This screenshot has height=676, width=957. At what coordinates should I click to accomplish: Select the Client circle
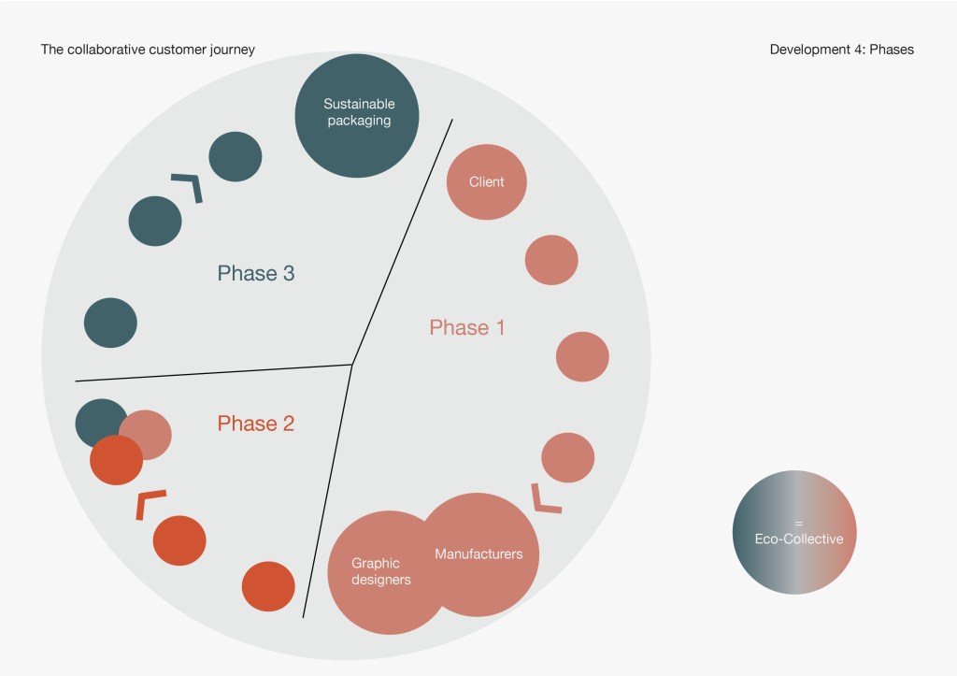(486, 181)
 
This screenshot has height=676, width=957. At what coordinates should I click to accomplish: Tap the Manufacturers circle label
(478, 554)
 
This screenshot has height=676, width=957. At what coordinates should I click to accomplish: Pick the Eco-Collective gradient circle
(794, 532)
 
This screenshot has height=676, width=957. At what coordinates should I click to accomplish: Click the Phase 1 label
(466, 327)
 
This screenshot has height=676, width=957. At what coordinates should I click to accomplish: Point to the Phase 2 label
(255, 424)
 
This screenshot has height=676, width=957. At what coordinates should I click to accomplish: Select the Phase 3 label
(255, 273)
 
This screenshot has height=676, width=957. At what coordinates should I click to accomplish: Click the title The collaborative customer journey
(148, 50)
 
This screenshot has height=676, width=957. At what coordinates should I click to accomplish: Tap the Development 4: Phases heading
(841, 50)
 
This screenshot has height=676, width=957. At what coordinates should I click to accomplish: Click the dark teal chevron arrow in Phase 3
(188, 185)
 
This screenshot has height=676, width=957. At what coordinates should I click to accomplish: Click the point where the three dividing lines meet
(351, 365)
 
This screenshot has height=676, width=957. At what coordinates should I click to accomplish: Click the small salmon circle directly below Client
(551, 259)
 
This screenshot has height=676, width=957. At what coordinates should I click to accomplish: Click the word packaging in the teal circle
(359, 121)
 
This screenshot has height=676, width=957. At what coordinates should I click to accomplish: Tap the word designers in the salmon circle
(380, 580)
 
